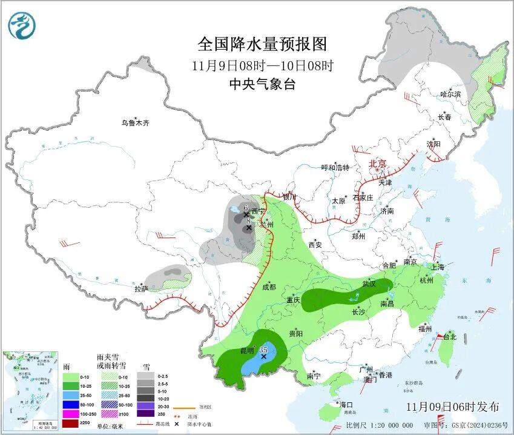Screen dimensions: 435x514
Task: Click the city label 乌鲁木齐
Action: (x=134, y=123)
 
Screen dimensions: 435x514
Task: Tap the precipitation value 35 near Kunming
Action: (x=263, y=350)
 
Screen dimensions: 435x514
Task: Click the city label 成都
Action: (x=269, y=287)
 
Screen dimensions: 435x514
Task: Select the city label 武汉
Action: (x=369, y=284)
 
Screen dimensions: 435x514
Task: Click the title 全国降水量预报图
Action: (x=262, y=44)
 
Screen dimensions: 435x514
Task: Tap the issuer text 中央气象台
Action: (x=262, y=85)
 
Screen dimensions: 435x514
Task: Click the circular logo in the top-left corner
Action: (x=22, y=25)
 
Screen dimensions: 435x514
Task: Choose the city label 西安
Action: (x=315, y=245)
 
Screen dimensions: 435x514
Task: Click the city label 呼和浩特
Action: (x=335, y=168)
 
